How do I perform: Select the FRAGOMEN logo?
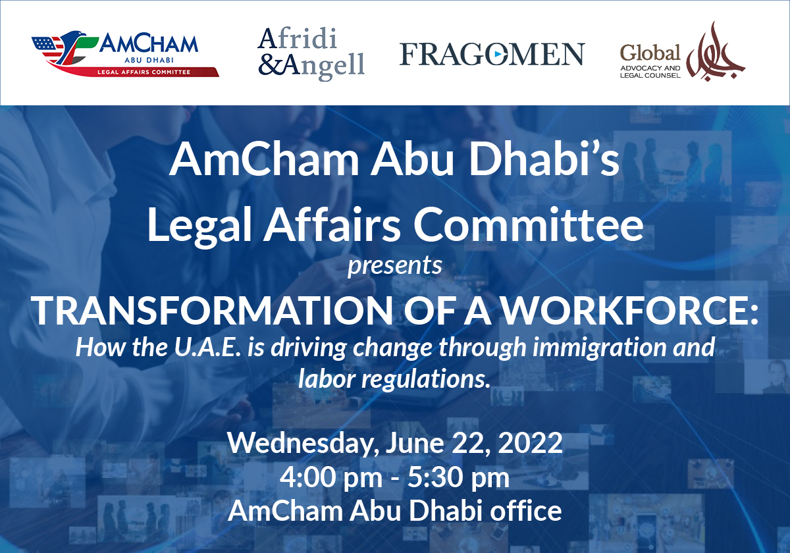point(492,54)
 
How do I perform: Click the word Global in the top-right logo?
point(651,52)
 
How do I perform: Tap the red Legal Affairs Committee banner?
point(155,72)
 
